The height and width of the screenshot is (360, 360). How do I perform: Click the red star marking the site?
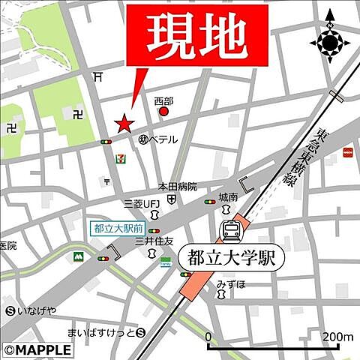coord(124,123)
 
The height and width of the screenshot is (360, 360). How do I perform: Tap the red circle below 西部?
coord(164,112)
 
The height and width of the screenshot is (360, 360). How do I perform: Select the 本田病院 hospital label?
coord(176,186)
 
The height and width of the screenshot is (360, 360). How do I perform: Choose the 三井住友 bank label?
coord(154,241)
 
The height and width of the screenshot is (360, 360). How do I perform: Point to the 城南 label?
coord(228,196)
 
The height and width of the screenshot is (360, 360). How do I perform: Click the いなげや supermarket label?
coord(34,311)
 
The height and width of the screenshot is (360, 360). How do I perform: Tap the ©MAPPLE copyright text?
coord(37,349)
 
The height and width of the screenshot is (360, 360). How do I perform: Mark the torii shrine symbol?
coord(99,76)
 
